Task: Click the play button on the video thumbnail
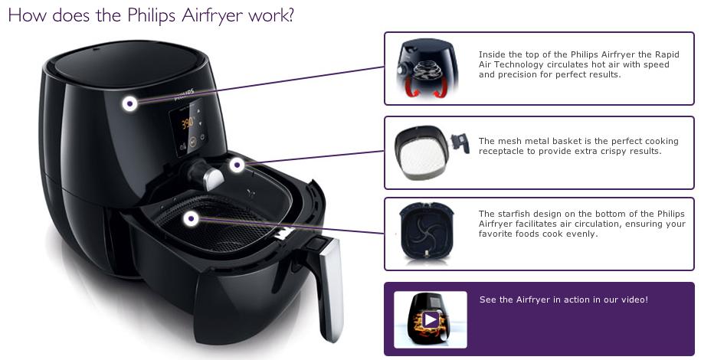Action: (431, 319)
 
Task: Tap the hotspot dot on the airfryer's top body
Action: (129, 103)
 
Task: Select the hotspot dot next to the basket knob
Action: (237, 165)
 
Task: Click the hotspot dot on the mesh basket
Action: (192, 219)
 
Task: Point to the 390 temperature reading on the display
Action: (188, 123)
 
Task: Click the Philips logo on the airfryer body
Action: (184, 95)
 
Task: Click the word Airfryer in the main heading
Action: (213, 15)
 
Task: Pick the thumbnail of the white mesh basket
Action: (431, 152)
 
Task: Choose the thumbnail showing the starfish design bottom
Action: (426, 231)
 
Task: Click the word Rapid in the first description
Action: (667, 54)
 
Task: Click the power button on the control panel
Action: (203, 138)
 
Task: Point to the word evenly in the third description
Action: (583, 234)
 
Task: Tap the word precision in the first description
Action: (515, 75)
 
